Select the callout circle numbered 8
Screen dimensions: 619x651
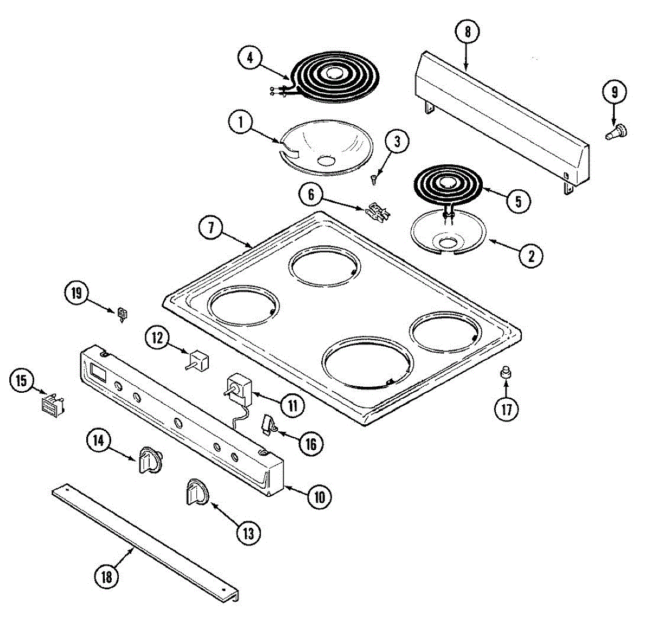(468, 32)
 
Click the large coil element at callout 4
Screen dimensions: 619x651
(331, 76)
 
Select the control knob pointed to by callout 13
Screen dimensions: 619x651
(196, 492)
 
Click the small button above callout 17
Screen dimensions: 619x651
(506, 372)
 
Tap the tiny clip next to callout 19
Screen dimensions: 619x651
(123, 314)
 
